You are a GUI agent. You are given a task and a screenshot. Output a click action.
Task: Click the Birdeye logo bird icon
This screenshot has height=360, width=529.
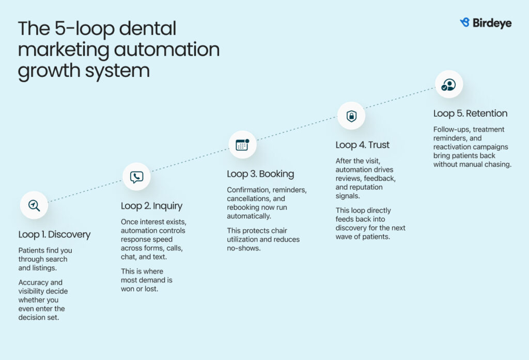pos(464,23)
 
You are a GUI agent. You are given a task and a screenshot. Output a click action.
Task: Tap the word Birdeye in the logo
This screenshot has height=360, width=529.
pos(492,23)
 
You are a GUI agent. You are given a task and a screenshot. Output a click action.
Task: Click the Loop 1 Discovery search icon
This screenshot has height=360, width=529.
pos(34,205)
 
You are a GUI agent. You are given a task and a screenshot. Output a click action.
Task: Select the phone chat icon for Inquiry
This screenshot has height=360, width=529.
pos(136,177)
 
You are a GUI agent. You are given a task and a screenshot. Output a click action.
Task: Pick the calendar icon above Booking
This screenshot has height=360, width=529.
pos(242,145)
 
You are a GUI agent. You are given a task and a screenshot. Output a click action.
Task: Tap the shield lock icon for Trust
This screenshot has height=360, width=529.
pos(351,116)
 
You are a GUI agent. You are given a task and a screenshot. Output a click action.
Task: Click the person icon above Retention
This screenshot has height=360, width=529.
pos(448,85)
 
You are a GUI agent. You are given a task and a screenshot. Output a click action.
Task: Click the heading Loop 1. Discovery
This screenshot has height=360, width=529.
pos(54,234)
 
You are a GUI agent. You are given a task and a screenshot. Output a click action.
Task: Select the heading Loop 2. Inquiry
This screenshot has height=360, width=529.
pos(151,206)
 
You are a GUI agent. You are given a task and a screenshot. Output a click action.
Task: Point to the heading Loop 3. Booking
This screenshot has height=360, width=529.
pos(260,174)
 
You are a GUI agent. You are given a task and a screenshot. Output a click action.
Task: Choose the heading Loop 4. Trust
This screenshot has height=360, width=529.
pos(362,145)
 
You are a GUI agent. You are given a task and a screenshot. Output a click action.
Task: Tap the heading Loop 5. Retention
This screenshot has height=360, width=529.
pos(470,114)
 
